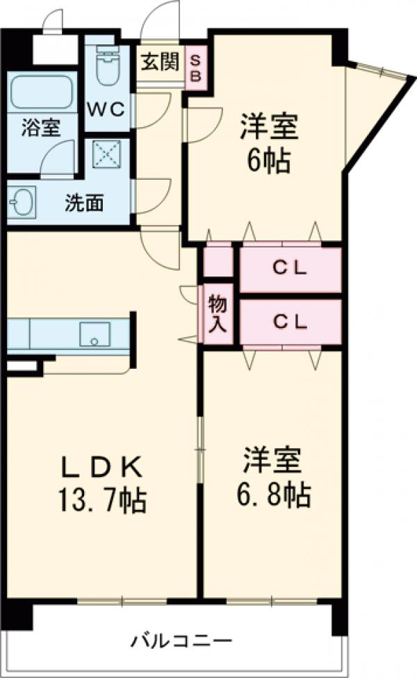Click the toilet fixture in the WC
coord(108,65)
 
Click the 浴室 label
coord(40,128)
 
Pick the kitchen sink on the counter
coord(95,334)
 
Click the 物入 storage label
coord(217,315)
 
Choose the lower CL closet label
coord(289,321)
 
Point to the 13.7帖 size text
coord(104,499)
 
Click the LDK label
coord(104,468)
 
